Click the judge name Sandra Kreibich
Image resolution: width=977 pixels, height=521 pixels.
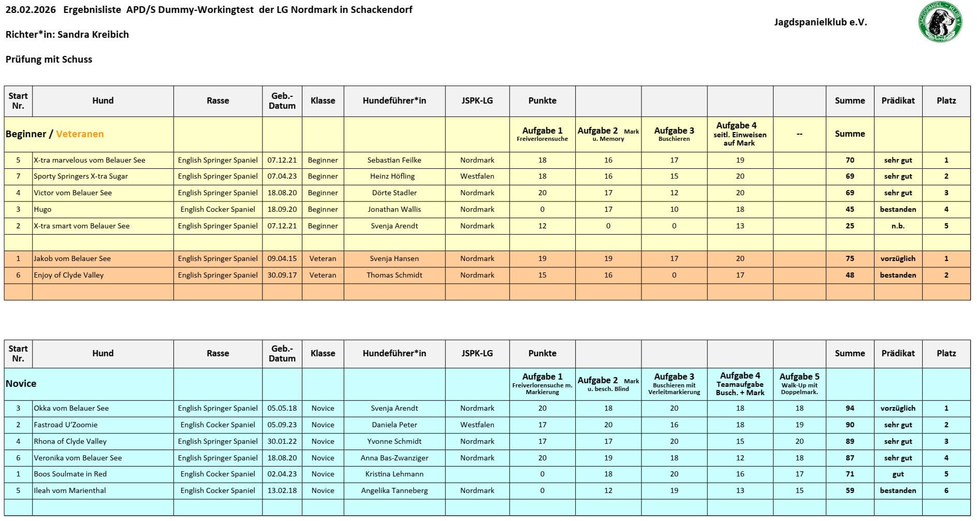pos(93,35)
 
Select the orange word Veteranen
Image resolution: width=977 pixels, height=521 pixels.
pos(80,134)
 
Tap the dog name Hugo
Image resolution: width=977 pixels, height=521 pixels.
pos(42,209)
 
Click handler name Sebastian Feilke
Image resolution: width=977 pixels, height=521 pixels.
pos(394,160)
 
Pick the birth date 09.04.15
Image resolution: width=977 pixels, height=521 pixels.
pos(282,258)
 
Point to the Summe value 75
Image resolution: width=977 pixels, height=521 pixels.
pos(849,258)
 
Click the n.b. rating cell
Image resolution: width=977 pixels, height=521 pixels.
pos(898,226)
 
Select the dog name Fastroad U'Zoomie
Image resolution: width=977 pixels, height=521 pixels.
pos(66,425)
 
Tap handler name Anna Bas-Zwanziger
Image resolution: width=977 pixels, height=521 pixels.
pos(394,458)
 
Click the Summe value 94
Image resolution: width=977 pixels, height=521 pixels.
pos(849,408)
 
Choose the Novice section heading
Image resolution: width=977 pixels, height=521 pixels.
pos(21,384)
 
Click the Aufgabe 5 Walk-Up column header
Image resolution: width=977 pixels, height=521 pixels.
pos(799,384)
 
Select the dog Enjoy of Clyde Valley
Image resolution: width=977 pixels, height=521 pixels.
pos(69,275)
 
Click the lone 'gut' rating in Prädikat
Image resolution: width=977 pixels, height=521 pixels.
pos(898,474)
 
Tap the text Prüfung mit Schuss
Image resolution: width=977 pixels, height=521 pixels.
pos(49,60)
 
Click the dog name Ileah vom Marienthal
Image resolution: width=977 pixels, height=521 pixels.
pos(70,490)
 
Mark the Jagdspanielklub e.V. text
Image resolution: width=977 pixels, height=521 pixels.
pos(820,22)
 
